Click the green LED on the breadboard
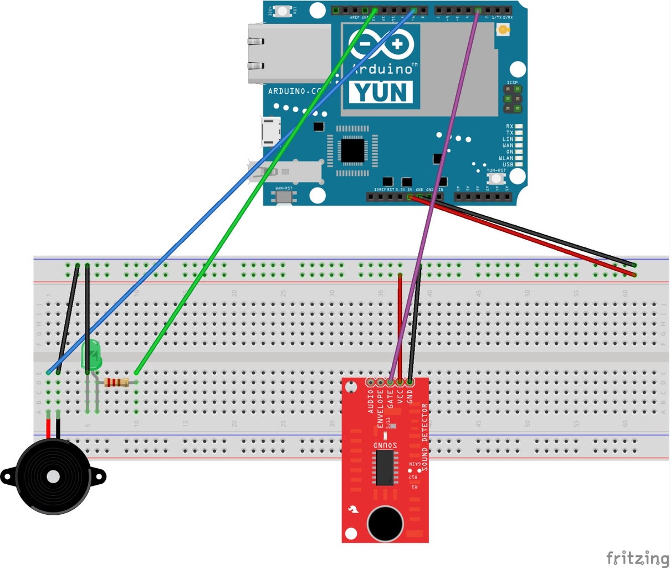[91, 356]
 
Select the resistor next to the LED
[116, 382]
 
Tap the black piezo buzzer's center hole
[53, 476]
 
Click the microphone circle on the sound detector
[385, 523]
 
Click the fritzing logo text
[637, 557]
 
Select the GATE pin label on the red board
[390, 399]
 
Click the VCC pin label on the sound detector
[400, 399]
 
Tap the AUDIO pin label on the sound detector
[371, 402]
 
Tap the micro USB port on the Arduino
[271, 132]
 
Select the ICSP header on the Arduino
[513, 99]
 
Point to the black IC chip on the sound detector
[385, 468]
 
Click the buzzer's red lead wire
[49, 428]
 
